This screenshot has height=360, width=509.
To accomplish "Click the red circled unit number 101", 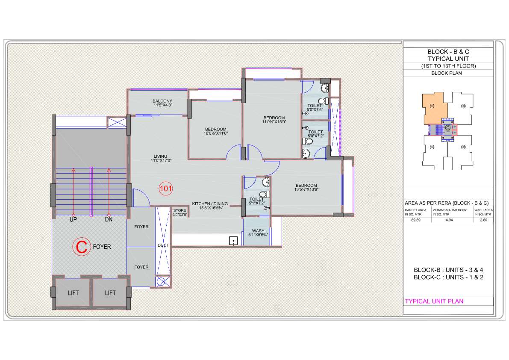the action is pyautogui.click(x=165, y=188).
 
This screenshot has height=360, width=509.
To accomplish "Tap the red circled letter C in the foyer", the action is pyautogui.click(x=81, y=247).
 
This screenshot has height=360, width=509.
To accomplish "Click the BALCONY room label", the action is pyautogui.click(x=162, y=101).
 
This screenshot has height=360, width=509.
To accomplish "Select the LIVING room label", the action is pyautogui.click(x=160, y=156).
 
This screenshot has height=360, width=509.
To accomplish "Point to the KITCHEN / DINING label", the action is pyautogui.click(x=210, y=204).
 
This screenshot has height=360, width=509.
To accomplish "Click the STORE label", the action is pyautogui.click(x=179, y=210).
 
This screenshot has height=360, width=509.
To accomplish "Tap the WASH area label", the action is pyautogui.click(x=258, y=231).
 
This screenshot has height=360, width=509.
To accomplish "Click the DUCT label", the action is pyautogui.click(x=163, y=245).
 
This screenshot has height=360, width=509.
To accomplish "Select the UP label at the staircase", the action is pyautogui.click(x=73, y=219).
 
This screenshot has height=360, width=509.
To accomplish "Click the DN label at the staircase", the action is pyautogui.click(x=109, y=219).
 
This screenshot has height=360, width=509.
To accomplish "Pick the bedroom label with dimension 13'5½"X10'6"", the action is pyautogui.click(x=306, y=187).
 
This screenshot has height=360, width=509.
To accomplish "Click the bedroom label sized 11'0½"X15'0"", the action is pyautogui.click(x=274, y=120).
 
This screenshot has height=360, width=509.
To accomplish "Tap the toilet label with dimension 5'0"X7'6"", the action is pyautogui.click(x=315, y=107).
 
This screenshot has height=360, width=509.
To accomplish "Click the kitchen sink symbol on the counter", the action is pyautogui.click(x=233, y=241).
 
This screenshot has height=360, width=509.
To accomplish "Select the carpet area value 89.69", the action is pyautogui.click(x=416, y=220).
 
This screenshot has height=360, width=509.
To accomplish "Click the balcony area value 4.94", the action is pyautogui.click(x=449, y=220).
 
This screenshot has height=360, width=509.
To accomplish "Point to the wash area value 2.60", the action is pyautogui.click(x=483, y=220).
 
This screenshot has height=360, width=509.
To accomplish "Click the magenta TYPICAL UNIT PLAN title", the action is pyautogui.click(x=434, y=301).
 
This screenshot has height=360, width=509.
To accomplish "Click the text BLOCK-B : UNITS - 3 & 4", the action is pyautogui.click(x=448, y=270).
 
